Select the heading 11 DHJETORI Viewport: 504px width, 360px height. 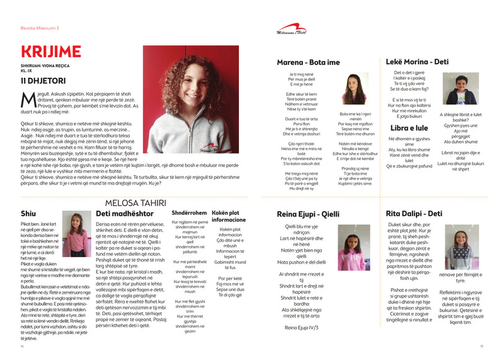43,81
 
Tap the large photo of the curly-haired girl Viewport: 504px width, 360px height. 191,90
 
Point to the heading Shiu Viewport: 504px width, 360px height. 28,213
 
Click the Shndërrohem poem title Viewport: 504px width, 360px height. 190,212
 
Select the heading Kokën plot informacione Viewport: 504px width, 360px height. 229,216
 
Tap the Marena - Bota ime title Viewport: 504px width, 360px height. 308,62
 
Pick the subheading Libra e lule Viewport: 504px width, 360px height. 408,127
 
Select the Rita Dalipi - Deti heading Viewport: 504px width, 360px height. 415,213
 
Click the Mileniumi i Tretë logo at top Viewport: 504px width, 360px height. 291,30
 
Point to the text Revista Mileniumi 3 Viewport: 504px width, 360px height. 40,28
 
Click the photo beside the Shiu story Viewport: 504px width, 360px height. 75,234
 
